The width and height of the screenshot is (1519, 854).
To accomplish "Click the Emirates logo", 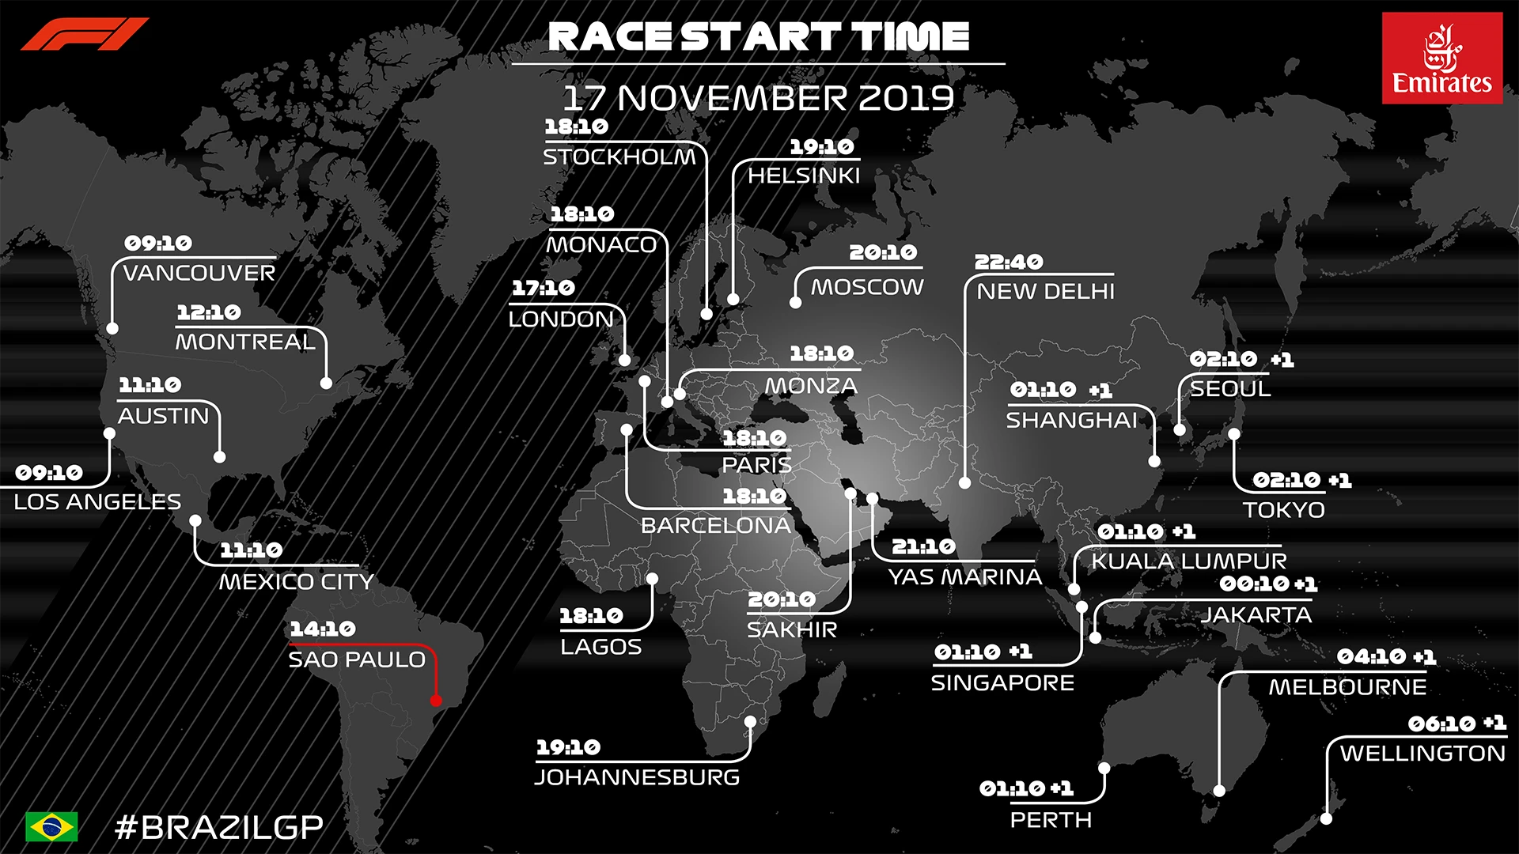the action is point(1441,58).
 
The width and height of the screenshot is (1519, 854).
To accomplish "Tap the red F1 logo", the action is point(85,34).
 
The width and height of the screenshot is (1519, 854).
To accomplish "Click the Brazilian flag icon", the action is point(51,826).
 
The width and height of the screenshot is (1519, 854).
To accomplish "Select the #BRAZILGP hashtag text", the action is point(219,827).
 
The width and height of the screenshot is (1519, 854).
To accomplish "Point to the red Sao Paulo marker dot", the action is point(436,701).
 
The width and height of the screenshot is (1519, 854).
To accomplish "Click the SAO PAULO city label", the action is point(357,659).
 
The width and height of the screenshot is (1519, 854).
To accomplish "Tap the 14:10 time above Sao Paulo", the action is point(323,629).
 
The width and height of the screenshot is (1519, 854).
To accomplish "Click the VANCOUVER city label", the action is point(199,274).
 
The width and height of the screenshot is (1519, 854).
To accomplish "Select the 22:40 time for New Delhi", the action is point(1009,262).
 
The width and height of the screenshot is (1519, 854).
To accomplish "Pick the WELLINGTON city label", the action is point(1422,754).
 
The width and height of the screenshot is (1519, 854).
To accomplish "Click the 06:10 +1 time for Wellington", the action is point(1456,724).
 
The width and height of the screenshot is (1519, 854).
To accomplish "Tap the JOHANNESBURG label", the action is point(638,777).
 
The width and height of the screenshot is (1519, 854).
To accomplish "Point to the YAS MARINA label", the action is point(965,577).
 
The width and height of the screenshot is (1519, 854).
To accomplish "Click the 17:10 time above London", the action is point(544,288).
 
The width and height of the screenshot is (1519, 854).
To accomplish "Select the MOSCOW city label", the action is point(867,287).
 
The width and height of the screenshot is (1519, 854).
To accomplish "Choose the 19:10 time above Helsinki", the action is point(822,147).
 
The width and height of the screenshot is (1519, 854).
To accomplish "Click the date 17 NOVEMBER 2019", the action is point(758,99).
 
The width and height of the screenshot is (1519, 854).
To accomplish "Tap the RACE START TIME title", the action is point(758,36).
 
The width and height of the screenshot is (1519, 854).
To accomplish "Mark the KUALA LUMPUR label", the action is point(1189,561).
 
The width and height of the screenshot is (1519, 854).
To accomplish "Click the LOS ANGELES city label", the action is point(97,502).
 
